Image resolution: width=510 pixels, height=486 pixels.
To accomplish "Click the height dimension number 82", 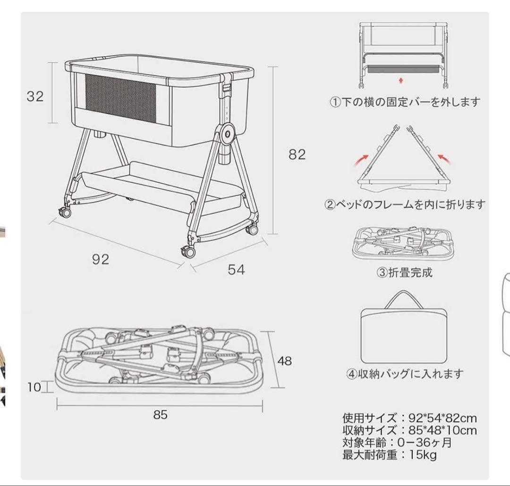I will click(x=297, y=154).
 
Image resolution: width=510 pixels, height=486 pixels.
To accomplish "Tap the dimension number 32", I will click(x=35, y=96).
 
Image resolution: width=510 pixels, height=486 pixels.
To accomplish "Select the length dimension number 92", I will click(x=101, y=259).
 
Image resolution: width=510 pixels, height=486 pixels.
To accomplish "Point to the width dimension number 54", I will click(x=236, y=270).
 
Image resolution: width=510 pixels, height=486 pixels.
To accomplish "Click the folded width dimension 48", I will click(x=284, y=361).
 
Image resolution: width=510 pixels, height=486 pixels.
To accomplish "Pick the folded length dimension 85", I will click(x=161, y=415).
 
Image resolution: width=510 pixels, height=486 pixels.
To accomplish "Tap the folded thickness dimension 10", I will click(x=34, y=387).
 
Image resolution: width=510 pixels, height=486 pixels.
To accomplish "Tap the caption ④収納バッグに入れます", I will click(x=405, y=374).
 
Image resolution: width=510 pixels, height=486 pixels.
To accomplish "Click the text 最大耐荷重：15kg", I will click(x=389, y=455).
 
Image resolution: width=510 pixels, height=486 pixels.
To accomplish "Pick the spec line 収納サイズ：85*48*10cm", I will click(x=409, y=431).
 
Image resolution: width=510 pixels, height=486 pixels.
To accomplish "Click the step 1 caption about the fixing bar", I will click(x=405, y=102).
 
